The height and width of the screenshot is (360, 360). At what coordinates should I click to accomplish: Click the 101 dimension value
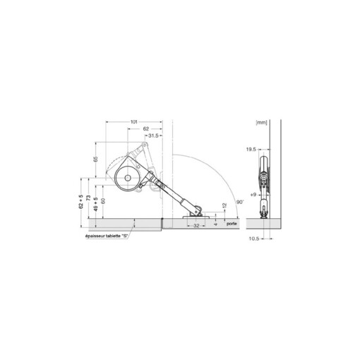(x=133, y=122)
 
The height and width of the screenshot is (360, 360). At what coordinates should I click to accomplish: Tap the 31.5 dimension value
(x=154, y=136)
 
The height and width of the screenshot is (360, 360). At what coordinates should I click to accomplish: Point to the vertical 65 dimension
(x=97, y=160)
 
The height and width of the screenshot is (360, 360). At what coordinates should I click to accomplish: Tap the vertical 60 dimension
(x=103, y=201)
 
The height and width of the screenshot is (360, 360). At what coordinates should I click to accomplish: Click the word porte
(x=232, y=224)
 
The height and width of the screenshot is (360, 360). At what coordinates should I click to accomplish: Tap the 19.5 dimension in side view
(x=251, y=150)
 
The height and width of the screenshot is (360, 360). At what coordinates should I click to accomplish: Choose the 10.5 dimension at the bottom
(x=252, y=238)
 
